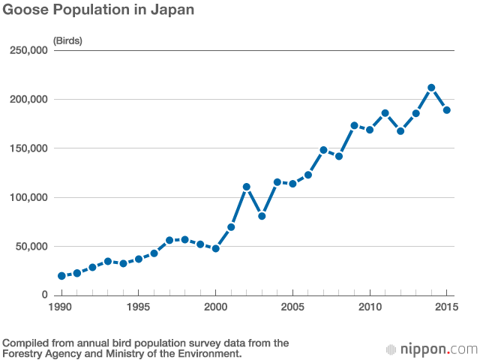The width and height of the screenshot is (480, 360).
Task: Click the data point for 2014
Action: (x=431, y=88)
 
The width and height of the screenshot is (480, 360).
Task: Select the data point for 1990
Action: (x=61, y=276)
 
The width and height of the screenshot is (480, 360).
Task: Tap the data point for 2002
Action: (x=246, y=187)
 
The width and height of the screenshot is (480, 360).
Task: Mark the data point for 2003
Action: (x=262, y=216)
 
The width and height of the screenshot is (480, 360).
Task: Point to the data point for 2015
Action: (x=446, y=110)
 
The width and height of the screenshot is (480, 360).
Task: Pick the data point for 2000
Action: (x=215, y=248)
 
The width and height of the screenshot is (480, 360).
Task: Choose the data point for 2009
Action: (x=354, y=125)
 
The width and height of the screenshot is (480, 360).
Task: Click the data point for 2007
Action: (x=323, y=150)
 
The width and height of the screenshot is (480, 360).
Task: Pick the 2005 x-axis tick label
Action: (x=292, y=307)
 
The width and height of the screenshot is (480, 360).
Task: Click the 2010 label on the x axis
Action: (x=369, y=307)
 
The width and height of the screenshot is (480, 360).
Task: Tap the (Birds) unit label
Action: (x=67, y=40)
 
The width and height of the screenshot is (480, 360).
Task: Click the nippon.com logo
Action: (x=431, y=349)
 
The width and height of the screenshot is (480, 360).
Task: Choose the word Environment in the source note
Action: (x=205, y=353)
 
